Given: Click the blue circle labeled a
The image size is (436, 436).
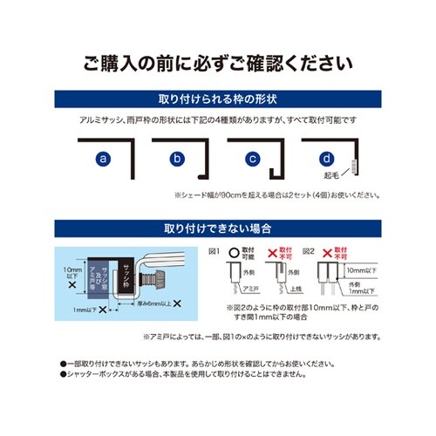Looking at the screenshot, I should [x=103, y=160].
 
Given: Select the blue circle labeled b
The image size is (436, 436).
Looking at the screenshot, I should [x=177, y=160].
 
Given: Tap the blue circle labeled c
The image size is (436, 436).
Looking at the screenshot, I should [x=251, y=160].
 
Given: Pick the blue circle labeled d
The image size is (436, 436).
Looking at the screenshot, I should [x=326, y=160].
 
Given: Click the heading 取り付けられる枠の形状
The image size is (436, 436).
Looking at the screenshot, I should [x=217, y=98].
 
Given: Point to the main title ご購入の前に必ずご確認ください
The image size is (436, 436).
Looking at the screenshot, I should [x=217, y=64].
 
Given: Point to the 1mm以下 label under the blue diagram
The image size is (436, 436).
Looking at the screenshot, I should [x=85, y=310].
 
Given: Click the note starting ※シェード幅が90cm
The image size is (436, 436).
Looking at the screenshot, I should [x=276, y=195].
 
